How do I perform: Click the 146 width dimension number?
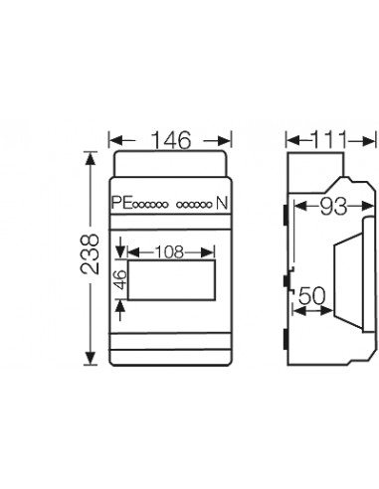point(171,140)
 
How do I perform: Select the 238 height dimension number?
point(90,254)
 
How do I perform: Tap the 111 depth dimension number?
point(329,139)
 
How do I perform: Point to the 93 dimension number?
point(333,207)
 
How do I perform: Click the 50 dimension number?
point(312,296)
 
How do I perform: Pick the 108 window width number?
point(169,252)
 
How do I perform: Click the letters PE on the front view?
point(122,203)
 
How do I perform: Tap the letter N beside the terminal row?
point(222,203)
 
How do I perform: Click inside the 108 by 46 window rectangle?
point(171,280)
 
